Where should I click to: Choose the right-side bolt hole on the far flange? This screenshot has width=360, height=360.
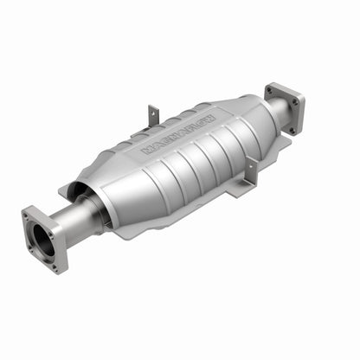299,103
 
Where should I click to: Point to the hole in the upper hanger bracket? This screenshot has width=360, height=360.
153,112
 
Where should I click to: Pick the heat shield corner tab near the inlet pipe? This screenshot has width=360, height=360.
67,188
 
